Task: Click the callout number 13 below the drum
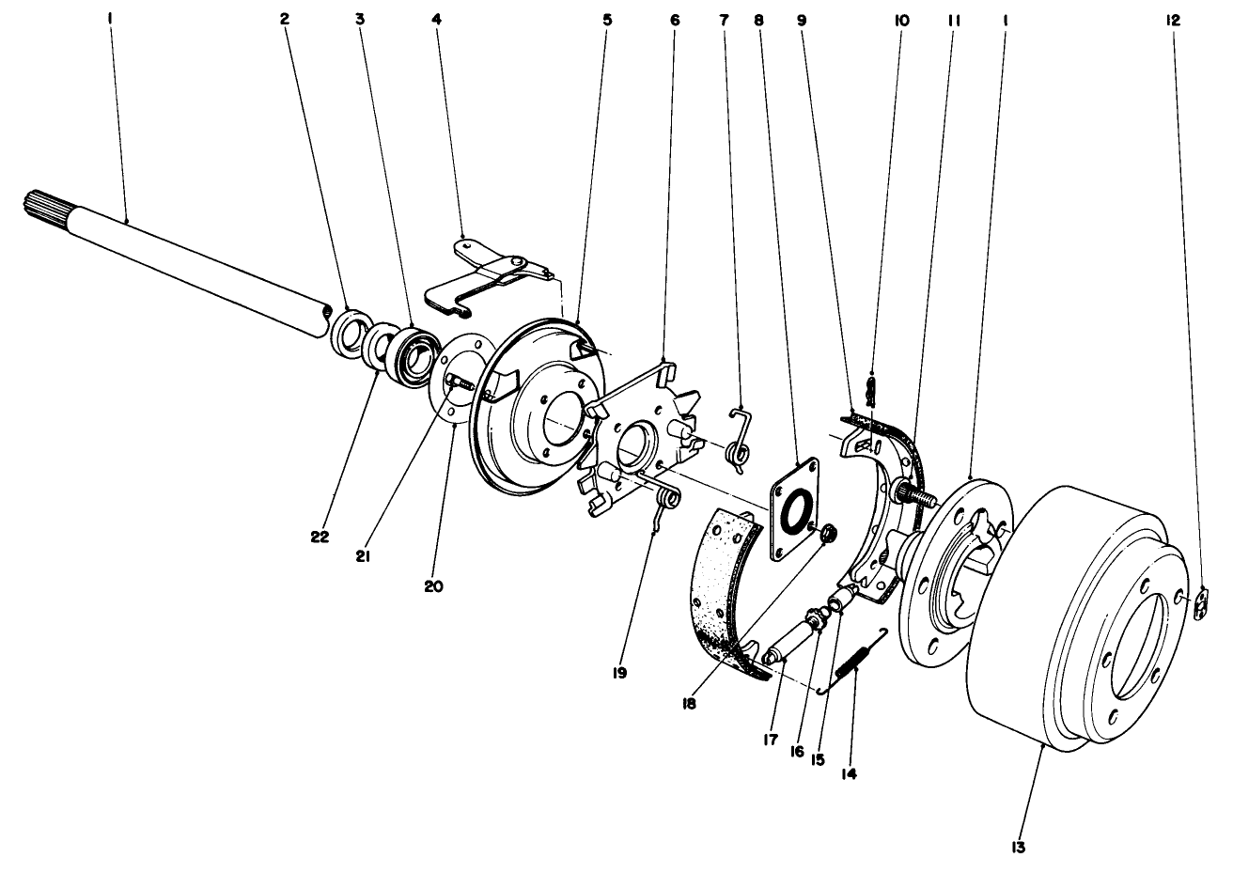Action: click(x=1019, y=848)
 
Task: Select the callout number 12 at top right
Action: click(x=1174, y=18)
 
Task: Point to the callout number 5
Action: click(x=607, y=18)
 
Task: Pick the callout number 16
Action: click(x=798, y=752)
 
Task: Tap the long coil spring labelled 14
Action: click(x=853, y=663)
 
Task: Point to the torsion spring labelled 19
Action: click(x=663, y=501)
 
